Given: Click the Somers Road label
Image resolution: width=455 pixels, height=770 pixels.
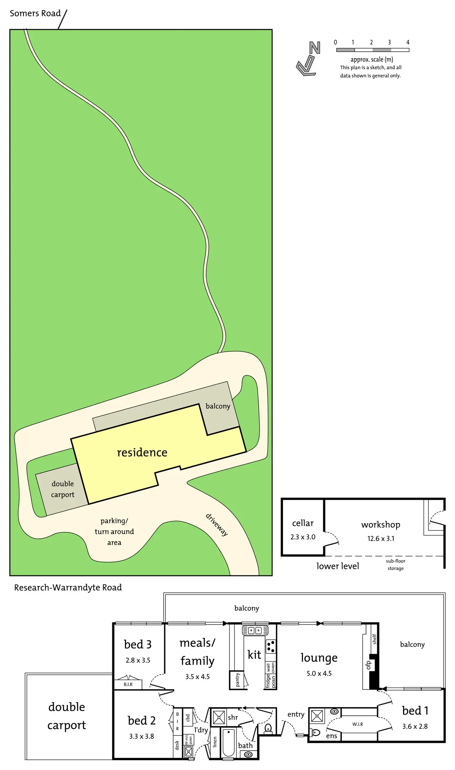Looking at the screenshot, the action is click(x=35, y=13).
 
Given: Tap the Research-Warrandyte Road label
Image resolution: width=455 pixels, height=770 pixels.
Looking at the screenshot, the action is click(x=68, y=587).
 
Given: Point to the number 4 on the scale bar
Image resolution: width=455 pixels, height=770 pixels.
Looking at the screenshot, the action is click(x=408, y=42).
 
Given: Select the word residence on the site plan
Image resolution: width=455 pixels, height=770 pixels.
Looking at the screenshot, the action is click(x=142, y=452).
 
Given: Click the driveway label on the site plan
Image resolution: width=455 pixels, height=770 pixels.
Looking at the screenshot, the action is click(x=217, y=525).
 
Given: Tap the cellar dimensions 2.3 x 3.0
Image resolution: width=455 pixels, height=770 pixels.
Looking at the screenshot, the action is click(x=303, y=537).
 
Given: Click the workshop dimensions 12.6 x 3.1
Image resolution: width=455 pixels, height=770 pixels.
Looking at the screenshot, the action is click(x=381, y=538).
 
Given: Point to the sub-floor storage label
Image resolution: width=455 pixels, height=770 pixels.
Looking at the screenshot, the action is click(x=395, y=565).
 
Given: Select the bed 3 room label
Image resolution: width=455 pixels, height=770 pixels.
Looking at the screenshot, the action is click(x=138, y=644).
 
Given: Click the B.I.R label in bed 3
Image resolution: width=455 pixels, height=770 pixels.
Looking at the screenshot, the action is click(x=128, y=684).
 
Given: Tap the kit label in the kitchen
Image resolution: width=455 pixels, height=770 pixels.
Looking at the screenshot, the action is click(x=254, y=655).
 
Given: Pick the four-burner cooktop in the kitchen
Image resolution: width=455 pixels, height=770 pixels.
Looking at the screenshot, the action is click(x=271, y=647).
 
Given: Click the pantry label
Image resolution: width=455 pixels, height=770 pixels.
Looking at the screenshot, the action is click(x=237, y=680).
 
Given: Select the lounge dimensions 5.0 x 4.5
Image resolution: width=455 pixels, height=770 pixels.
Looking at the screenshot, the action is click(x=319, y=673).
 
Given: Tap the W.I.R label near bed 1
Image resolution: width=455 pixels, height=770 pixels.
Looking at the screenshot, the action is click(x=357, y=724).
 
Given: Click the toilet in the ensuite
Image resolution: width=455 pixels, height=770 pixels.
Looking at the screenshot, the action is click(x=315, y=732).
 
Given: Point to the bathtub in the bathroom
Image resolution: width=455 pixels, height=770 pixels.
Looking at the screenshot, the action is click(x=228, y=743).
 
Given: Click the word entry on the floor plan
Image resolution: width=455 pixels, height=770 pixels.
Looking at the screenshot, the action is click(x=296, y=714).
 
